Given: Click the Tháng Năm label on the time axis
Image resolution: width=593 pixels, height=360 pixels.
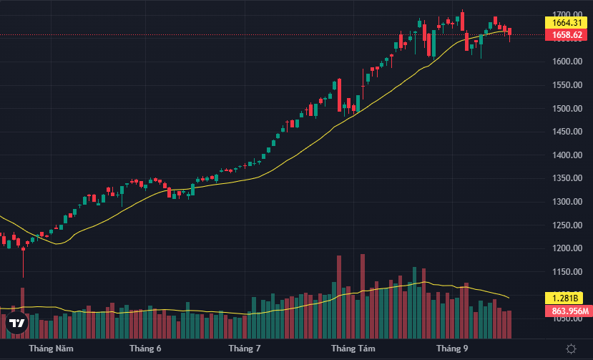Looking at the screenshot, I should click(x=51, y=349).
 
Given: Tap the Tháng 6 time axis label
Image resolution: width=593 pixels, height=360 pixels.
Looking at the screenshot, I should click(x=145, y=349).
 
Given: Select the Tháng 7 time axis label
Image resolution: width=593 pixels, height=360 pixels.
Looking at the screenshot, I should click(x=245, y=349).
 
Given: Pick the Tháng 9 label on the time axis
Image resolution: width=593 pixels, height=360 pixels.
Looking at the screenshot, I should click(x=452, y=349).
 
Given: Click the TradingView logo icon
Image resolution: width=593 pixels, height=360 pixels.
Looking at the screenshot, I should click(x=17, y=324).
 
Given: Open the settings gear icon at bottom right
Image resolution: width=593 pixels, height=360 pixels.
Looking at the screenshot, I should click(x=571, y=349).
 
